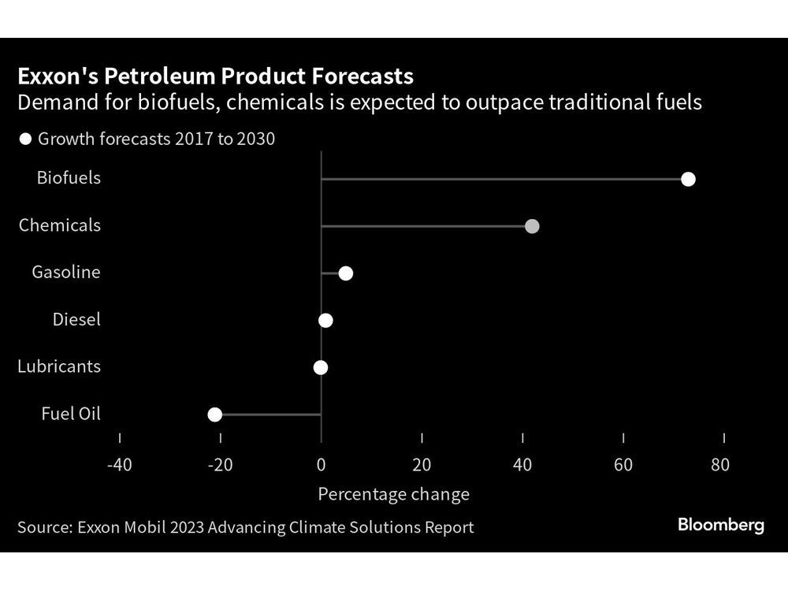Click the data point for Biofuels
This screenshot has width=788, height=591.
click(x=688, y=179)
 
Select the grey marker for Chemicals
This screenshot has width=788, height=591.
click(x=532, y=226)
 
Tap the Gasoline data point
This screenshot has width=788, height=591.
click(x=345, y=273)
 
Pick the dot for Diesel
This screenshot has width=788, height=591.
click(x=325, y=320)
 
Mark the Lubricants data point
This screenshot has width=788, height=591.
click(x=320, y=367)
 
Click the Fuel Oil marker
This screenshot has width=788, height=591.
click(x=214, y=414)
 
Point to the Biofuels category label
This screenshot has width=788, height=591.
click(x=69, y=178)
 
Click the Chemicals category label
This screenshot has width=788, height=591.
click(x=60, y=225)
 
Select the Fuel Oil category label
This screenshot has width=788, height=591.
click(x=72, y=414)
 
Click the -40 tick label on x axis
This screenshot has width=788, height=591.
click(x=119, y=464)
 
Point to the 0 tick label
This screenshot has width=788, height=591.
click(x=322, y=464)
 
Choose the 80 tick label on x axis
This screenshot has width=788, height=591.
click(x=719, y=464)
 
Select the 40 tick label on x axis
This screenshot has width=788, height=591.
click(x=522, y=464)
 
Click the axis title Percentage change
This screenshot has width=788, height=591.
click(x=393, y=494)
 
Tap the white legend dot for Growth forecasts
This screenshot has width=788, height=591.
click(x=25, y=139)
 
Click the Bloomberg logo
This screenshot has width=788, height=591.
click(x=720, y=526)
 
